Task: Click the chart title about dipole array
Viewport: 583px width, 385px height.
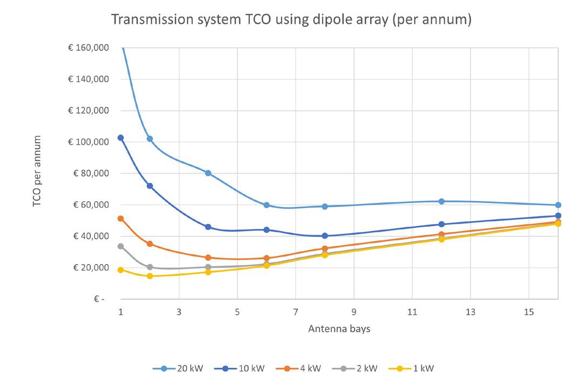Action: [291, 20]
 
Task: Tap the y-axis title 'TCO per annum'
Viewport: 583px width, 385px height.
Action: [37, 172]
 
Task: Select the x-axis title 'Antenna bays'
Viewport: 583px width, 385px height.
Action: [339, 328]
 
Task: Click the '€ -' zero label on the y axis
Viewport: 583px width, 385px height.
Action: [99, 299]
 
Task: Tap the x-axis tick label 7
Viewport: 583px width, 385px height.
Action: [296, 312]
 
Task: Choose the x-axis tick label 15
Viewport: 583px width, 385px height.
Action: [529, 312]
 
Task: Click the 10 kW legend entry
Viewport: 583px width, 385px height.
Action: [244, 369]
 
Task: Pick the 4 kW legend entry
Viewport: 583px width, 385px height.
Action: [304, 369]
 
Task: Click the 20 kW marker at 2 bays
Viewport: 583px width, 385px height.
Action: [150, 139]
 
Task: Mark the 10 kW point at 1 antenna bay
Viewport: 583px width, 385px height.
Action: [120, 138]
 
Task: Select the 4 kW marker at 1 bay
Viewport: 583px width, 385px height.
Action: [120, 219]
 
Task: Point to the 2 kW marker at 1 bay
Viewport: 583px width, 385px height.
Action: [120, 246]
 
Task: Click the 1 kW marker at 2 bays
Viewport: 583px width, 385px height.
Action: [150, 276]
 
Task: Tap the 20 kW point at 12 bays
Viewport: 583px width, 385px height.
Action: [441, 201]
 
